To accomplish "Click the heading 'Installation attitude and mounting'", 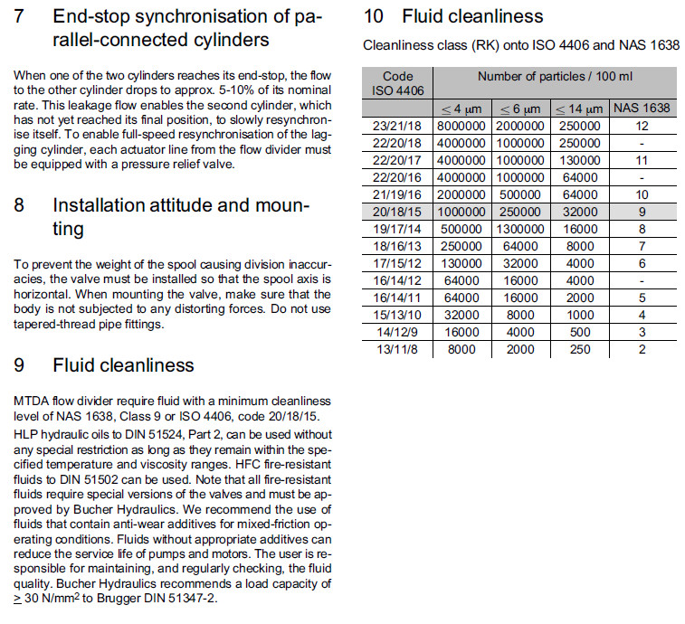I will click(181, 217).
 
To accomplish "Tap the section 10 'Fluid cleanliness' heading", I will click(452, 16).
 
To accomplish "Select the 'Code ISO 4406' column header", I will click(397, 83).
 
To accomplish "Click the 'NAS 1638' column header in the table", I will click(642, 108).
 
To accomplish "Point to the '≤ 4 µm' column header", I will click(463, 108).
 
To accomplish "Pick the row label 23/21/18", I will click(397, 126).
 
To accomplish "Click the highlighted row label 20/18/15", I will click(397, 212).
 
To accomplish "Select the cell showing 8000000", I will click(463, 126).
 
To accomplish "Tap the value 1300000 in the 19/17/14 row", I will click(520, 229).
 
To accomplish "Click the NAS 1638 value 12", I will click(642, 126).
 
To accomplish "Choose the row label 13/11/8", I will click(397, 349).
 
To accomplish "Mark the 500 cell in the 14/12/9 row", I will click(580, 332).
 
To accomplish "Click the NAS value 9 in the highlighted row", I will click(642, 212).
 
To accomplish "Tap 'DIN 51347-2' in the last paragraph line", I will click(182, 598).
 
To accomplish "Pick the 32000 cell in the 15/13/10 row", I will click(463, 315).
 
